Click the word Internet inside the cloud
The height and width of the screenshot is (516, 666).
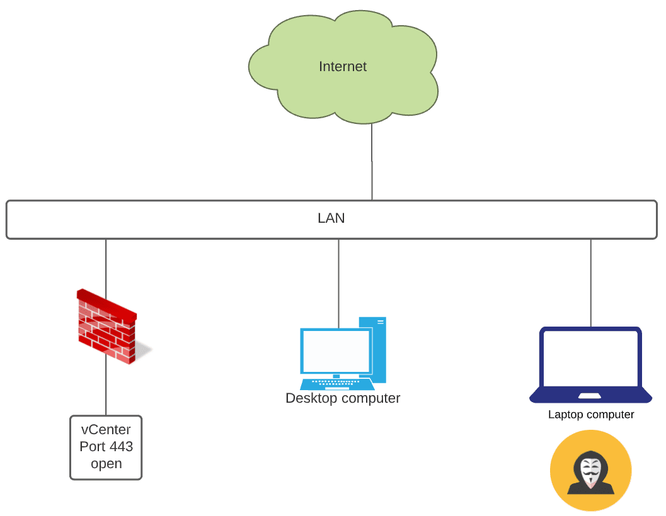343,67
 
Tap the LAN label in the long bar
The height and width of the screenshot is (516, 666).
331,219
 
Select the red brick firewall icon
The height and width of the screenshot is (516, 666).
106,326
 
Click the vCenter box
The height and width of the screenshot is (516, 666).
106,447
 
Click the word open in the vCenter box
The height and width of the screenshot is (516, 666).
106,464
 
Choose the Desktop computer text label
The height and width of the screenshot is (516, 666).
343,398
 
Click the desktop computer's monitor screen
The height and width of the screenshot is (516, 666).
335,351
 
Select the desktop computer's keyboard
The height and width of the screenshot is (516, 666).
336,384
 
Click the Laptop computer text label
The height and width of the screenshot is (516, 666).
591,415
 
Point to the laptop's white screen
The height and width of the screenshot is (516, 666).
591,358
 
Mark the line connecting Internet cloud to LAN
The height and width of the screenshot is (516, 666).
372,162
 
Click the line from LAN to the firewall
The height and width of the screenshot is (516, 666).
106,264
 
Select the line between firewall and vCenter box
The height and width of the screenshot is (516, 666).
106,390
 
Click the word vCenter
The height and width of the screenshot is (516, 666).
106,430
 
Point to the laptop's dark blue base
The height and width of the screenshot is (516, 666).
591,396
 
